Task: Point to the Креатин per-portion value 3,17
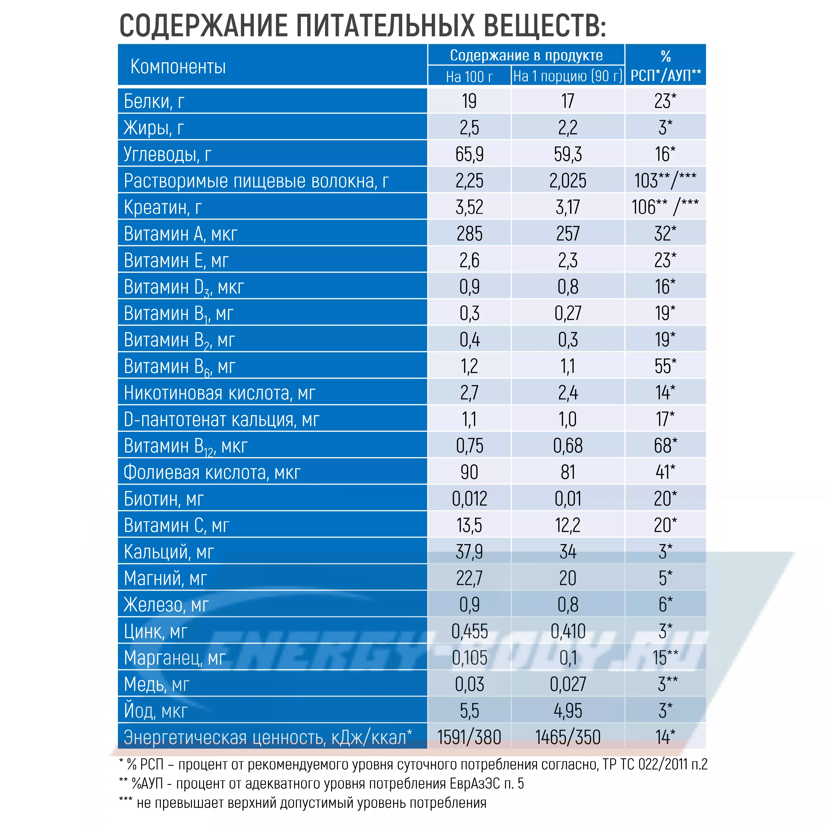tap(568, 207)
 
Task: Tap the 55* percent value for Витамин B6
tap(665, 366)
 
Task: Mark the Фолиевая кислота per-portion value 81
tap(568, 472)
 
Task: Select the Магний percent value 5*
tap(665, 578)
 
